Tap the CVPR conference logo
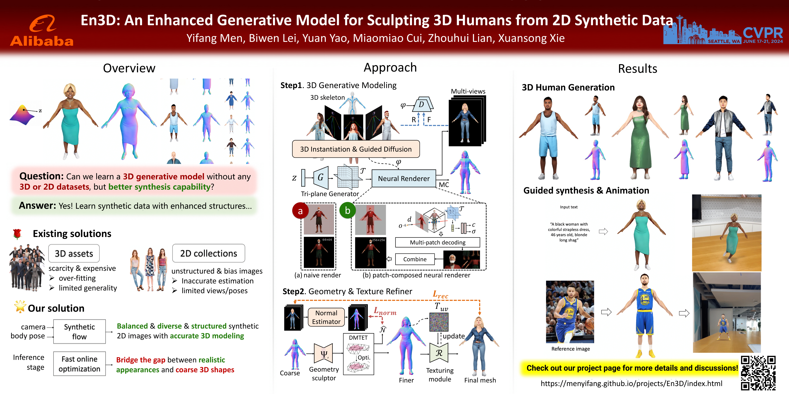tap(723, 31)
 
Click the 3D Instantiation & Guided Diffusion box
tap(356, 149)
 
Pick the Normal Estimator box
tap(326, 317)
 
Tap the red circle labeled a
tap(300, 211)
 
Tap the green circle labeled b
tap(347, 210)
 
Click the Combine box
tap(415, 259)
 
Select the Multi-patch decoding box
tap(437, 242)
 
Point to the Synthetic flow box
tap(79, 332)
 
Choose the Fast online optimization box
tap(79, 364)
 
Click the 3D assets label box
tap(74, 253)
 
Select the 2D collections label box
tap(209, 253)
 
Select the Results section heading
tap(637, 68)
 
